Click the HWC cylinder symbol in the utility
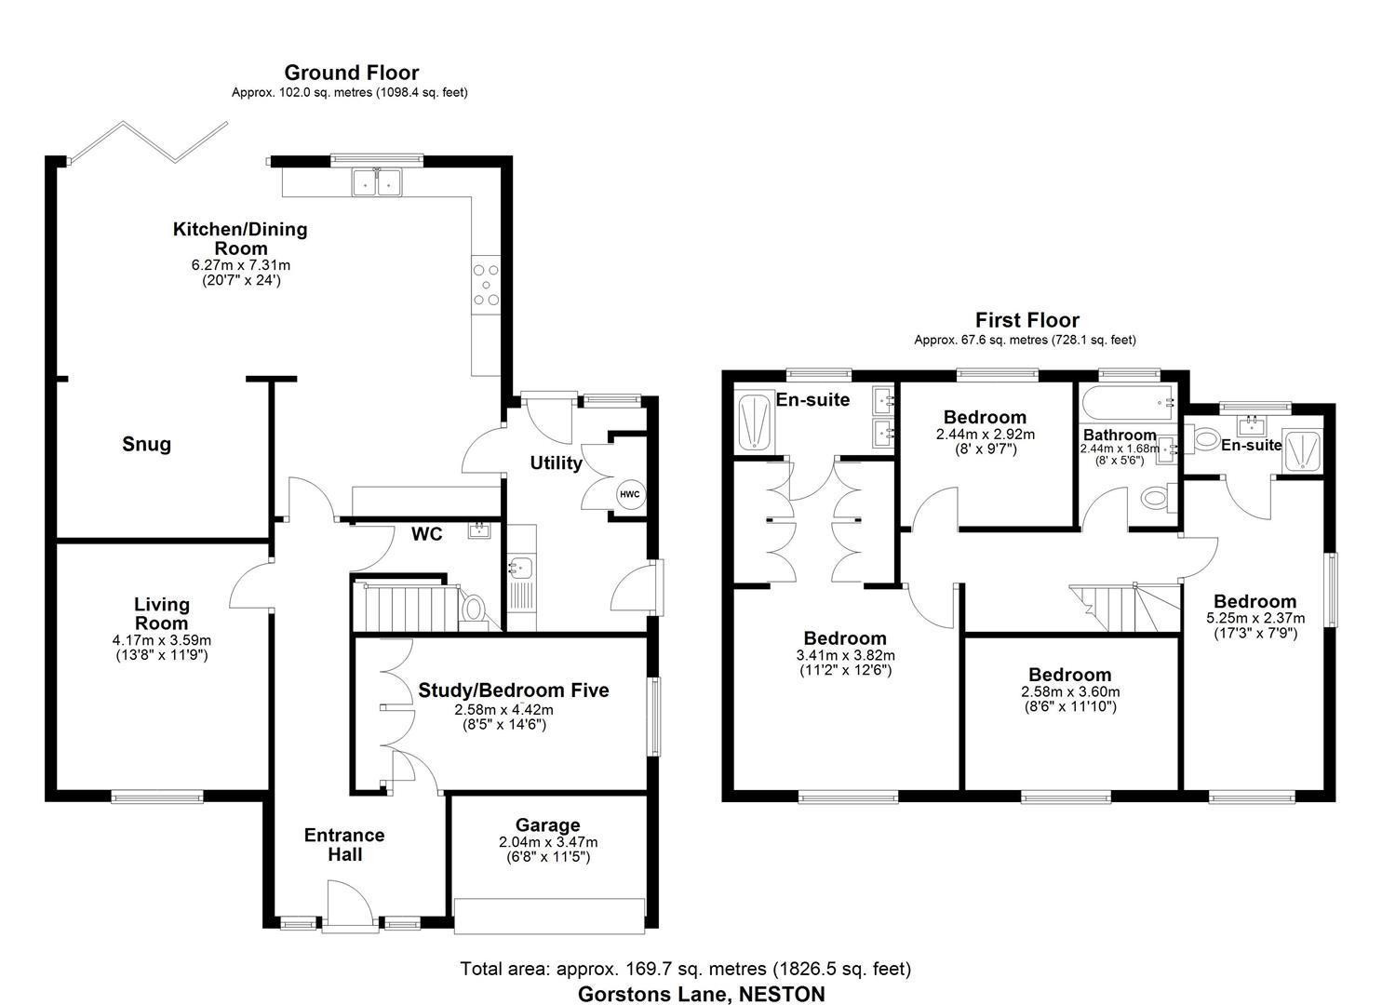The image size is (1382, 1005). click(630, 493)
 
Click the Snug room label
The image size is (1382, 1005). click(147, 444)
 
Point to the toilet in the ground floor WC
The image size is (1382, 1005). click(475, 610)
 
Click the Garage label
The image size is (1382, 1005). click(548, 824)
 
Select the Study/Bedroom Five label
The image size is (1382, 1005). click(513, 690)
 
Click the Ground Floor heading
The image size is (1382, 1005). click(351, 73)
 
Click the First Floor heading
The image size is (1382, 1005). click(1026, 320)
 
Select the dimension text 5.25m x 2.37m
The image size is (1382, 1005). click(1255, 618)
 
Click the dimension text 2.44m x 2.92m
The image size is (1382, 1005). click(985, 434)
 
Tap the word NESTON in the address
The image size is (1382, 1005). click(782, 994)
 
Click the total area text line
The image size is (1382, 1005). click(685, 969)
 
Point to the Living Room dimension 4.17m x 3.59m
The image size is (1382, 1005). click(161, 640)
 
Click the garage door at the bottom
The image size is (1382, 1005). click(548, 915)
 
